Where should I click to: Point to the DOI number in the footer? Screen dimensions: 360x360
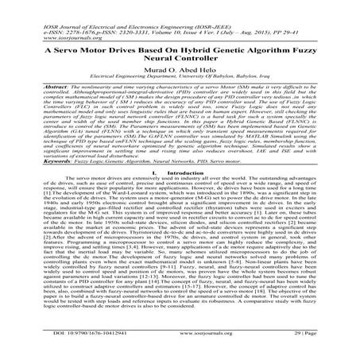(x=64, y=347)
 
